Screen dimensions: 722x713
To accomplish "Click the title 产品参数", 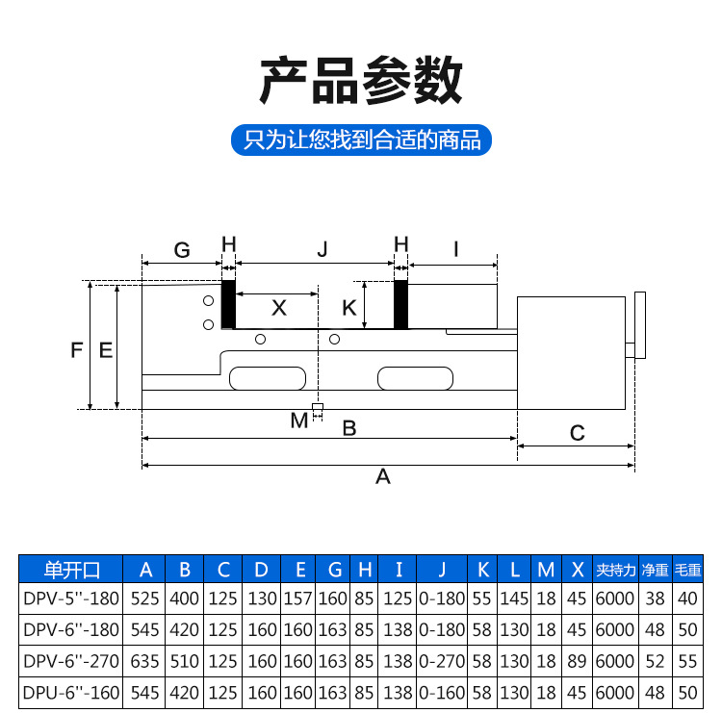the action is [x=361, y=81].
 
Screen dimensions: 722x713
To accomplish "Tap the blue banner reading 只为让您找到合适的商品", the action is [x=361, y=140].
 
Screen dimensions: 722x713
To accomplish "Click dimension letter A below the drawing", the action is [x=383, y=476].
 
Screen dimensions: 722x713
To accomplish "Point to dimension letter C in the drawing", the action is [x=577, y=433].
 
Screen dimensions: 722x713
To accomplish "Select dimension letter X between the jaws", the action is [x=278, y=308].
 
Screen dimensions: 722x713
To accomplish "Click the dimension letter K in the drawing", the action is [x=350, y=308].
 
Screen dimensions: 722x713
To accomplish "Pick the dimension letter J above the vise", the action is [x=323, y=250].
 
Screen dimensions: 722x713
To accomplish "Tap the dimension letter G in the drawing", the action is [x=182, y=250].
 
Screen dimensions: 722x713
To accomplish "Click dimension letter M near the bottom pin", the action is [x=299, y=420].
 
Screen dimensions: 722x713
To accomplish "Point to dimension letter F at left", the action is [x=77, y=350].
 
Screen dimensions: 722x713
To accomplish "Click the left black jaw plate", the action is [x=229, y=304].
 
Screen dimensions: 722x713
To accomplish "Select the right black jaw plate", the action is [x=401, y=304].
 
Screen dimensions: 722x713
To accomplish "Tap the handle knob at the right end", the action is [x=638, y=324].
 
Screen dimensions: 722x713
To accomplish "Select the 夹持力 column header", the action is [x=615, y=569].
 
